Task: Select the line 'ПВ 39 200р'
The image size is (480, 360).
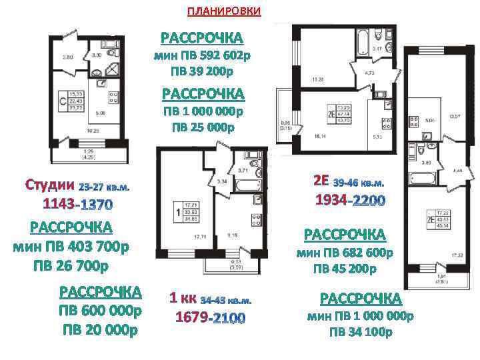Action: click(202, 71)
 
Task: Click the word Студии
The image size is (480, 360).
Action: click(50, 184)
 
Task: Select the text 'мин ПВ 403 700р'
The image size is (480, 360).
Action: click(71, 247)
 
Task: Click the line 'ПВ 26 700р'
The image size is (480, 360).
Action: click(71, 267)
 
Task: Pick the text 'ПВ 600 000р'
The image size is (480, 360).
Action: click(101, 311)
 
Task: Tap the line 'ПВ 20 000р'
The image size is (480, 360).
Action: click(101, 329)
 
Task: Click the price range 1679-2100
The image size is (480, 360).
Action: click(210, 318)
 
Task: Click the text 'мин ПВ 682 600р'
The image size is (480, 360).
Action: click(345, 253)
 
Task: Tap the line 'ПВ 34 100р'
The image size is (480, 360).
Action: click(361, 332)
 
